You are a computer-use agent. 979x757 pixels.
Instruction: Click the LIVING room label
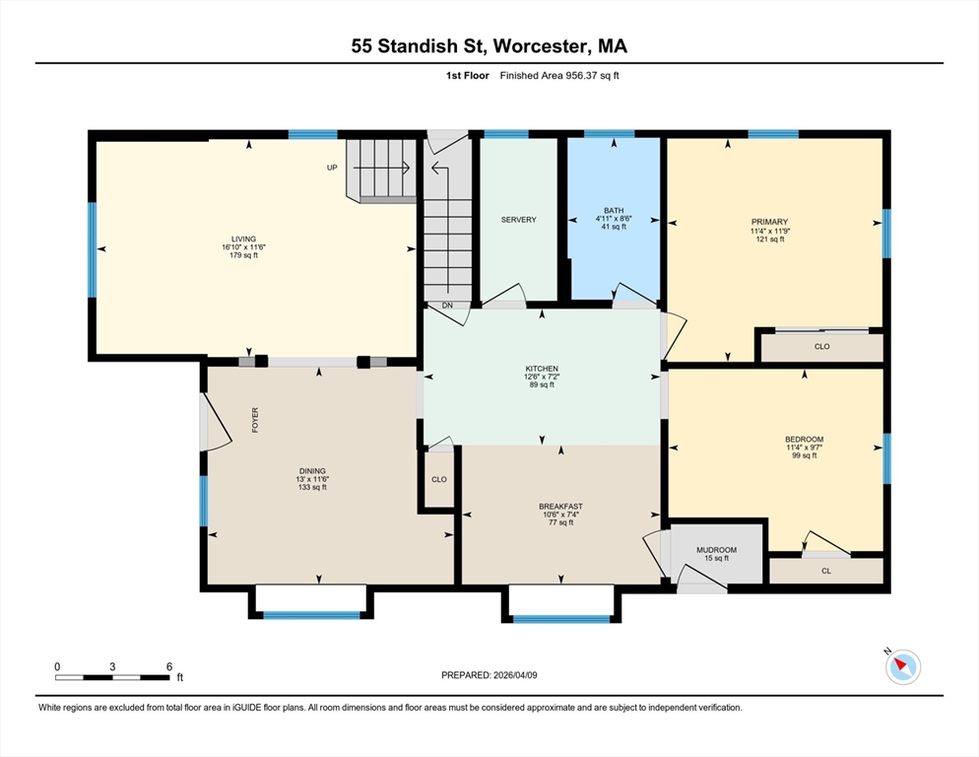point(243,239)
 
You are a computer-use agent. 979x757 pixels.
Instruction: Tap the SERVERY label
point(518,220)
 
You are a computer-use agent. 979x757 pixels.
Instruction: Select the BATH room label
point(614,210)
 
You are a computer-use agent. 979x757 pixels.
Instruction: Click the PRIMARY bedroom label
point(769,222)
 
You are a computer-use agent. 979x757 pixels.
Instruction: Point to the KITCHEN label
point(542,369)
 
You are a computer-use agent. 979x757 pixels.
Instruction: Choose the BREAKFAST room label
point(560,507)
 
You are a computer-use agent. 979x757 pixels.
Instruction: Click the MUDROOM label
point(716,550)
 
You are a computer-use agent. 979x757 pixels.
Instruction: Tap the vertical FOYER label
point(255,420)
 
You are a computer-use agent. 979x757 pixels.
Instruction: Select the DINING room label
point(312,471)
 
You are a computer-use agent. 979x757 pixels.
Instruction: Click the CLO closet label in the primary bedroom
point(821,347)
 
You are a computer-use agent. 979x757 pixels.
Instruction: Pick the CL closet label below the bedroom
point(826,571)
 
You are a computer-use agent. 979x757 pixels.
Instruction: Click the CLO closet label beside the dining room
point(439,480)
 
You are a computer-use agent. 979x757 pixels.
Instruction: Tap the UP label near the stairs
point(333,168)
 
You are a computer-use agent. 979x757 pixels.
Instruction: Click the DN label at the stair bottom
point(447,306)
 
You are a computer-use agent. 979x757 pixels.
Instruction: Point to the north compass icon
point(902,667)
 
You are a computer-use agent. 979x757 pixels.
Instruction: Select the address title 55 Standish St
point(418,46)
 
